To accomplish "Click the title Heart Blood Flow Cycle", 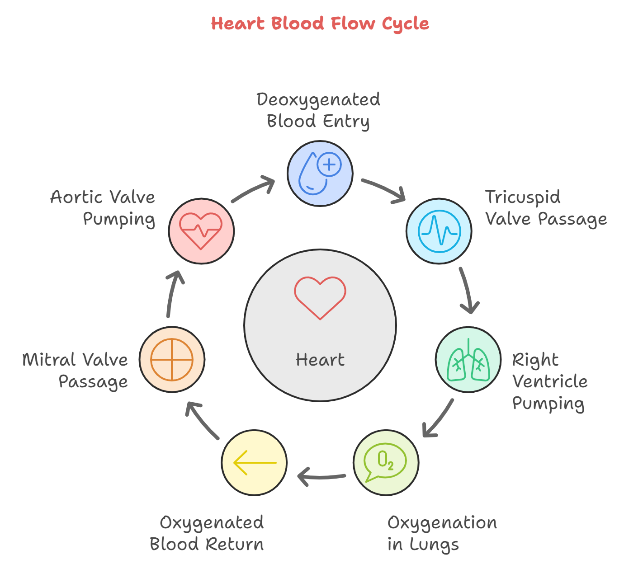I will point(320,23).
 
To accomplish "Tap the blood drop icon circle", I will point(320,173).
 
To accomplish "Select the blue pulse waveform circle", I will point(439,231).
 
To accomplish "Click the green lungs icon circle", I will point(468,360).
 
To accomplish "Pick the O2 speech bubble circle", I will point(386,463).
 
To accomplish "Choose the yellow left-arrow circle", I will point(254,463).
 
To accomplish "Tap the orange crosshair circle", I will point(172,360).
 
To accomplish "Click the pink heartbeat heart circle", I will point(201,231).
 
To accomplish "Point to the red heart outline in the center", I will point(320,298).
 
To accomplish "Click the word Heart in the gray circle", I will point(320,360).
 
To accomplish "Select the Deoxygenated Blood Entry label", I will point(318,110).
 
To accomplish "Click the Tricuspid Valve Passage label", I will point(545,208).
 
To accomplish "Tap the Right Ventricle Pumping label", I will point(549,382).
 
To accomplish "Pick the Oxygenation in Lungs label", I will point(442,534).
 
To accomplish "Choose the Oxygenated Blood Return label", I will point(207,534).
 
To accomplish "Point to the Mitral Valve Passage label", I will point(76,371).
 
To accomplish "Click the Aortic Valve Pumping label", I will point(103,208).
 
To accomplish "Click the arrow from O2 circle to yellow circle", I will point(321,476).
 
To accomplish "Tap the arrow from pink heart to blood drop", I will point(253,190).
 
